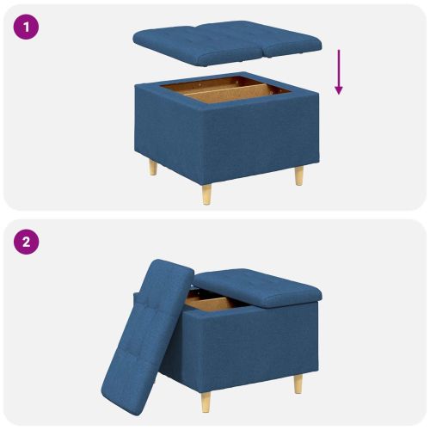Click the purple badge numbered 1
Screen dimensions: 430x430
(x=27, y=27)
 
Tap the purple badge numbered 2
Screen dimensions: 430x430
(x=27, y=242)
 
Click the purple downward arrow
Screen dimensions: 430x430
(x=339, y=71)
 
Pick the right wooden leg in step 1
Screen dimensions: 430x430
(x=298, y=175)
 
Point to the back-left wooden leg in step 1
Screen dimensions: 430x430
(x=153, y=167)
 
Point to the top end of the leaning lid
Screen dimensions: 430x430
(x=172, y=262)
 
